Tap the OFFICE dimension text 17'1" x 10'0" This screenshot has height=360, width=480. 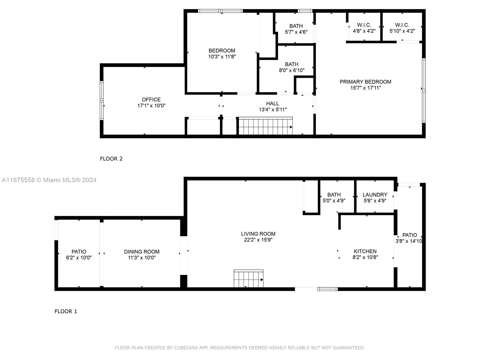pos(151,106)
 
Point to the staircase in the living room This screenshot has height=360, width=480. pos(248,278)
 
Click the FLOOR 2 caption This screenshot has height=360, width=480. pos(111,159)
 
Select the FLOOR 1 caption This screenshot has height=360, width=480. pos(66,311)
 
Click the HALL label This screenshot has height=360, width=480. pos(272,103)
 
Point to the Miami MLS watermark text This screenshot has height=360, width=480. pos(49,180)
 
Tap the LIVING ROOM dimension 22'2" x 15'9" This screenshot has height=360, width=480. pos(258,240)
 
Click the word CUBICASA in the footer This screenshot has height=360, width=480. pos(186,348)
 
